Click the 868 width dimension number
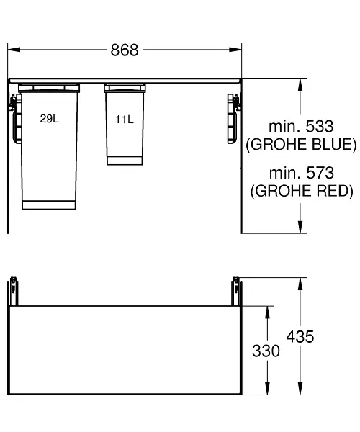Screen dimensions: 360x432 (x=125, y=50)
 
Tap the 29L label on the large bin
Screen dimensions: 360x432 (x=49, y=119)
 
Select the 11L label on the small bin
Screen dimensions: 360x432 (x=125, y=120)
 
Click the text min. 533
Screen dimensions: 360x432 (x=301, y=126)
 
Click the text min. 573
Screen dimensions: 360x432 (x=302, y=173)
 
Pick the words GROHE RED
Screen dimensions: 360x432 (x=302, y=191)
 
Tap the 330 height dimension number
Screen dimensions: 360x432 (x=266, y=351)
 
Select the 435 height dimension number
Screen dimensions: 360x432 (x=300, y=336)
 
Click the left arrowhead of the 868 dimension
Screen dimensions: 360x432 (x=14, y=50)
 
